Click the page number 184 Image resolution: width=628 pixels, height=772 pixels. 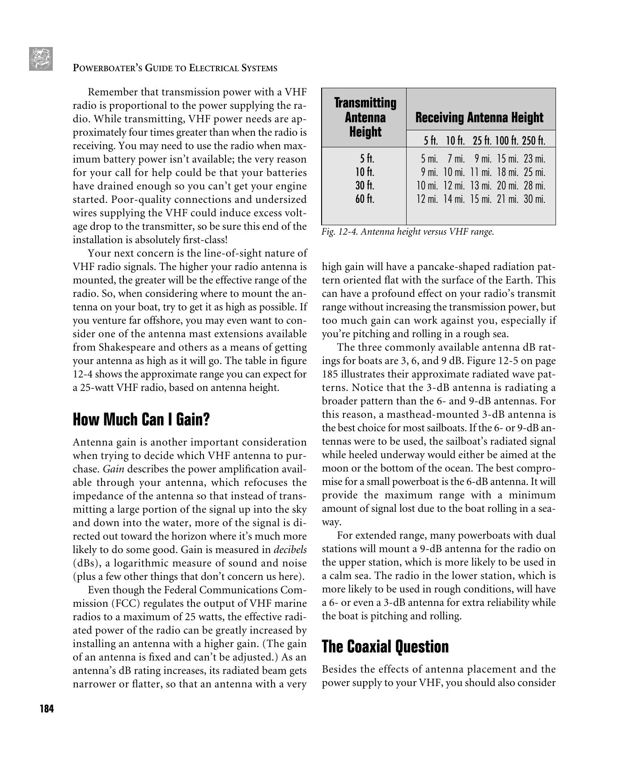click(47, 709)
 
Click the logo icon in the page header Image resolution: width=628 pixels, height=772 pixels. click(41, 59)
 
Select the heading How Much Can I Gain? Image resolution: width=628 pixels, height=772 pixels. click(141, 420)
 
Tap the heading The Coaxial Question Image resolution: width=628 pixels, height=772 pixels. click(385, 647)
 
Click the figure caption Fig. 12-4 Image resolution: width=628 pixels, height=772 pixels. click(407, 232)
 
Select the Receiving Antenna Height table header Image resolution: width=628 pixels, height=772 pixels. click(479, 118)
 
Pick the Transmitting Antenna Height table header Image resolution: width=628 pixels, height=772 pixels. click(365, 117)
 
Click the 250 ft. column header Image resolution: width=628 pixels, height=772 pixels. click(533, 141)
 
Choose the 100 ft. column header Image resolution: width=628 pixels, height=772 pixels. click(507, 141)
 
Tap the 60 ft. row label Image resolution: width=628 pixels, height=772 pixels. click(365, 199)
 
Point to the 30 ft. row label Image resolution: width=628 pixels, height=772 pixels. click(365, 185)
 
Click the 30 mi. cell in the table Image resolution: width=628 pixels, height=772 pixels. click(534, 199)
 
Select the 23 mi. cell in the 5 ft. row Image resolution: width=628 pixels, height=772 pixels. click(534, 159)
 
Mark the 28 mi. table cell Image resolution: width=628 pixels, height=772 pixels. click(534, 185)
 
